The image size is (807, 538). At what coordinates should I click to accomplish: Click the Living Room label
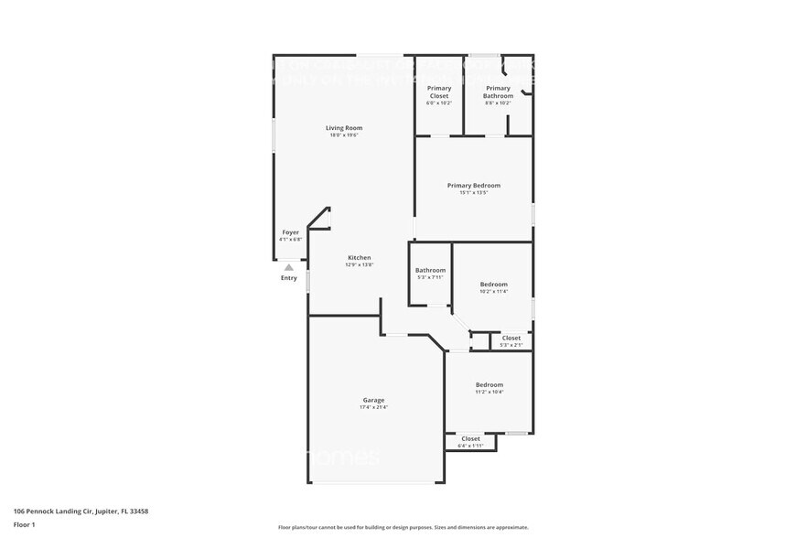click(x=344, y=128)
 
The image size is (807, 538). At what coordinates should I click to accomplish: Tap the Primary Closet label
click(x=439, y=91)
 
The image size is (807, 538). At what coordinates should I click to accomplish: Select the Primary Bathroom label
click(x=499, y=91)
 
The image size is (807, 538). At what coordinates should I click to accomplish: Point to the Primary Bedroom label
click(x=474, y=186)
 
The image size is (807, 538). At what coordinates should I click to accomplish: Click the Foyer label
click(x=290, y=232)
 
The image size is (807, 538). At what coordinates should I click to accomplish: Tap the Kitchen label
click(x=359, y=258)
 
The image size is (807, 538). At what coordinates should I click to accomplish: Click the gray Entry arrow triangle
click(x=289, y=268)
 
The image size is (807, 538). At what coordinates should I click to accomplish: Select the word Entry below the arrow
click(x=289, y=278)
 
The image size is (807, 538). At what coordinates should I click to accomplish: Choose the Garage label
click(x=373, y=400)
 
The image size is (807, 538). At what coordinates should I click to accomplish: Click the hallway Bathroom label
click(x=430, y=270)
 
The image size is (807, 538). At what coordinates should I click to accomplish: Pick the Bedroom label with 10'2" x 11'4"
click(x=494, y=285)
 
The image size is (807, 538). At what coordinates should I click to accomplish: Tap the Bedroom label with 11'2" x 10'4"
click(x=489, y=385)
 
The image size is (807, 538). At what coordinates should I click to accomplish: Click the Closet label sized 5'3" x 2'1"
click(x=511, y=339)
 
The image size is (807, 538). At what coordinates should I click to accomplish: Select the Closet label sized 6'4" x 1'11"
click(x=470, y=439)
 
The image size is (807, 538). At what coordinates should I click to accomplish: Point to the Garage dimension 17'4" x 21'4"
click(x=373, y=407)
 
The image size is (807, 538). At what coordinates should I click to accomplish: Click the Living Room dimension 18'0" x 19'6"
click(x=344, y=135)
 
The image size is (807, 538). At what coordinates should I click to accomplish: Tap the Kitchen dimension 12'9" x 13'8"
click(x=359, y=265)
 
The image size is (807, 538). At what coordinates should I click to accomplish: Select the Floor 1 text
click(x=24, y=524)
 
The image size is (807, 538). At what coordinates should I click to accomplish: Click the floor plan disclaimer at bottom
click(x=403, y=528)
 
